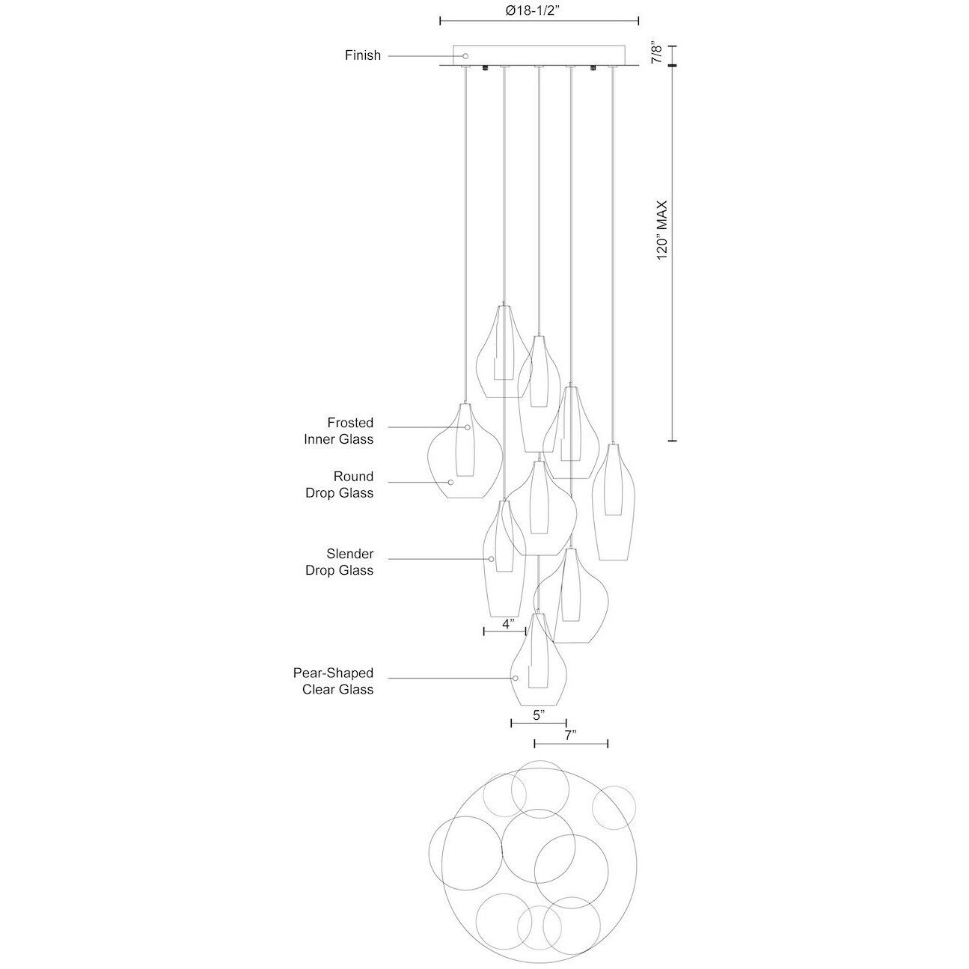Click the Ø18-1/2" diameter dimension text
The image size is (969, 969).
[x=539, y=10]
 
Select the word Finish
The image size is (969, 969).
[x=363, y=55]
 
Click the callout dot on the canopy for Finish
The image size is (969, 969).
[x=465, y=56]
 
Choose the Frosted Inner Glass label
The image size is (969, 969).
[x=338, y=431]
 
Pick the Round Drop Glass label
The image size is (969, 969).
[x=338, y=484]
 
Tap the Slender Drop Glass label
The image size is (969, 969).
[x=338, y=562]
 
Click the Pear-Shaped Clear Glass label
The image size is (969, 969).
[x=332, y=681]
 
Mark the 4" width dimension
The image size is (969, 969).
[x=508, y=623]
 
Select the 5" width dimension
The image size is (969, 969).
[x=537, y=715]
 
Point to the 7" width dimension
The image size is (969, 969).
[x=569, y=735]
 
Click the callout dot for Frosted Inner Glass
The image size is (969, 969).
[x=468, y=427]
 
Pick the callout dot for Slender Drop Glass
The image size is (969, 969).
[x=492, y=559]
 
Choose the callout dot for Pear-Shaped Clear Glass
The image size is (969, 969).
[x=515, y=678]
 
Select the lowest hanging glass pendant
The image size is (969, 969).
[x=539, y=662]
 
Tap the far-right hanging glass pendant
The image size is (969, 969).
[x=614, y=501]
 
